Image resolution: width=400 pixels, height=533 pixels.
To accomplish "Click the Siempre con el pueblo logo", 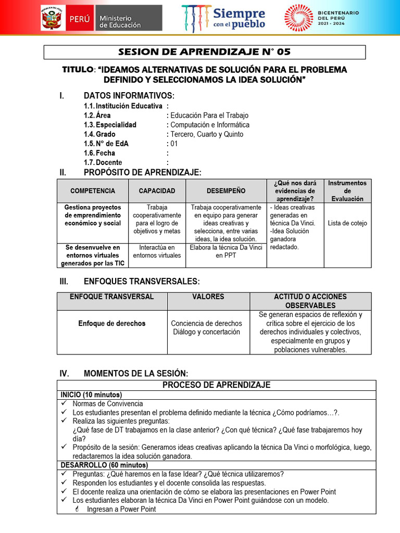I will coord(224,18).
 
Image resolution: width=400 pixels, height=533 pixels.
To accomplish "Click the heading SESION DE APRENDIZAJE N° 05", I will coord(204,52).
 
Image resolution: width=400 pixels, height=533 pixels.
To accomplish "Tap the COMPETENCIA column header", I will coord(93,191).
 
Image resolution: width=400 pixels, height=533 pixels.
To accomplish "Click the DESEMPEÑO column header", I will coord(226,191).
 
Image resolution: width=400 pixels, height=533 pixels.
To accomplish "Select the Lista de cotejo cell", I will coord(347,223).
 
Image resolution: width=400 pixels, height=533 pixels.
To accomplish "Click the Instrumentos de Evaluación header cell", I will coord(347,191).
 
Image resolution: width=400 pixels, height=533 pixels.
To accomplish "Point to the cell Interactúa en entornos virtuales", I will coord(157,251).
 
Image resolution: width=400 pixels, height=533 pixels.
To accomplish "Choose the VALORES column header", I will coord(208,297).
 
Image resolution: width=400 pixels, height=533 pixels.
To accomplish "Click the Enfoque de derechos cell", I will coord(112,323).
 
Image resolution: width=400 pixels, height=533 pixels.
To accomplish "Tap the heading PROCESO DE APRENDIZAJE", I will coord(216,385).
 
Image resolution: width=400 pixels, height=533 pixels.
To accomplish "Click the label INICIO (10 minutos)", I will coord(91,395).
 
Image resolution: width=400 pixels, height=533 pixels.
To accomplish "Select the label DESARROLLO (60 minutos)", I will coord(104,465).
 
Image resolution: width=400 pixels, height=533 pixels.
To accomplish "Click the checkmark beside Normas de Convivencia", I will coord(64,404).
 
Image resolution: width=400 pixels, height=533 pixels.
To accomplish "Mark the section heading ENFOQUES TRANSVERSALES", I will coord(141,281).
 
